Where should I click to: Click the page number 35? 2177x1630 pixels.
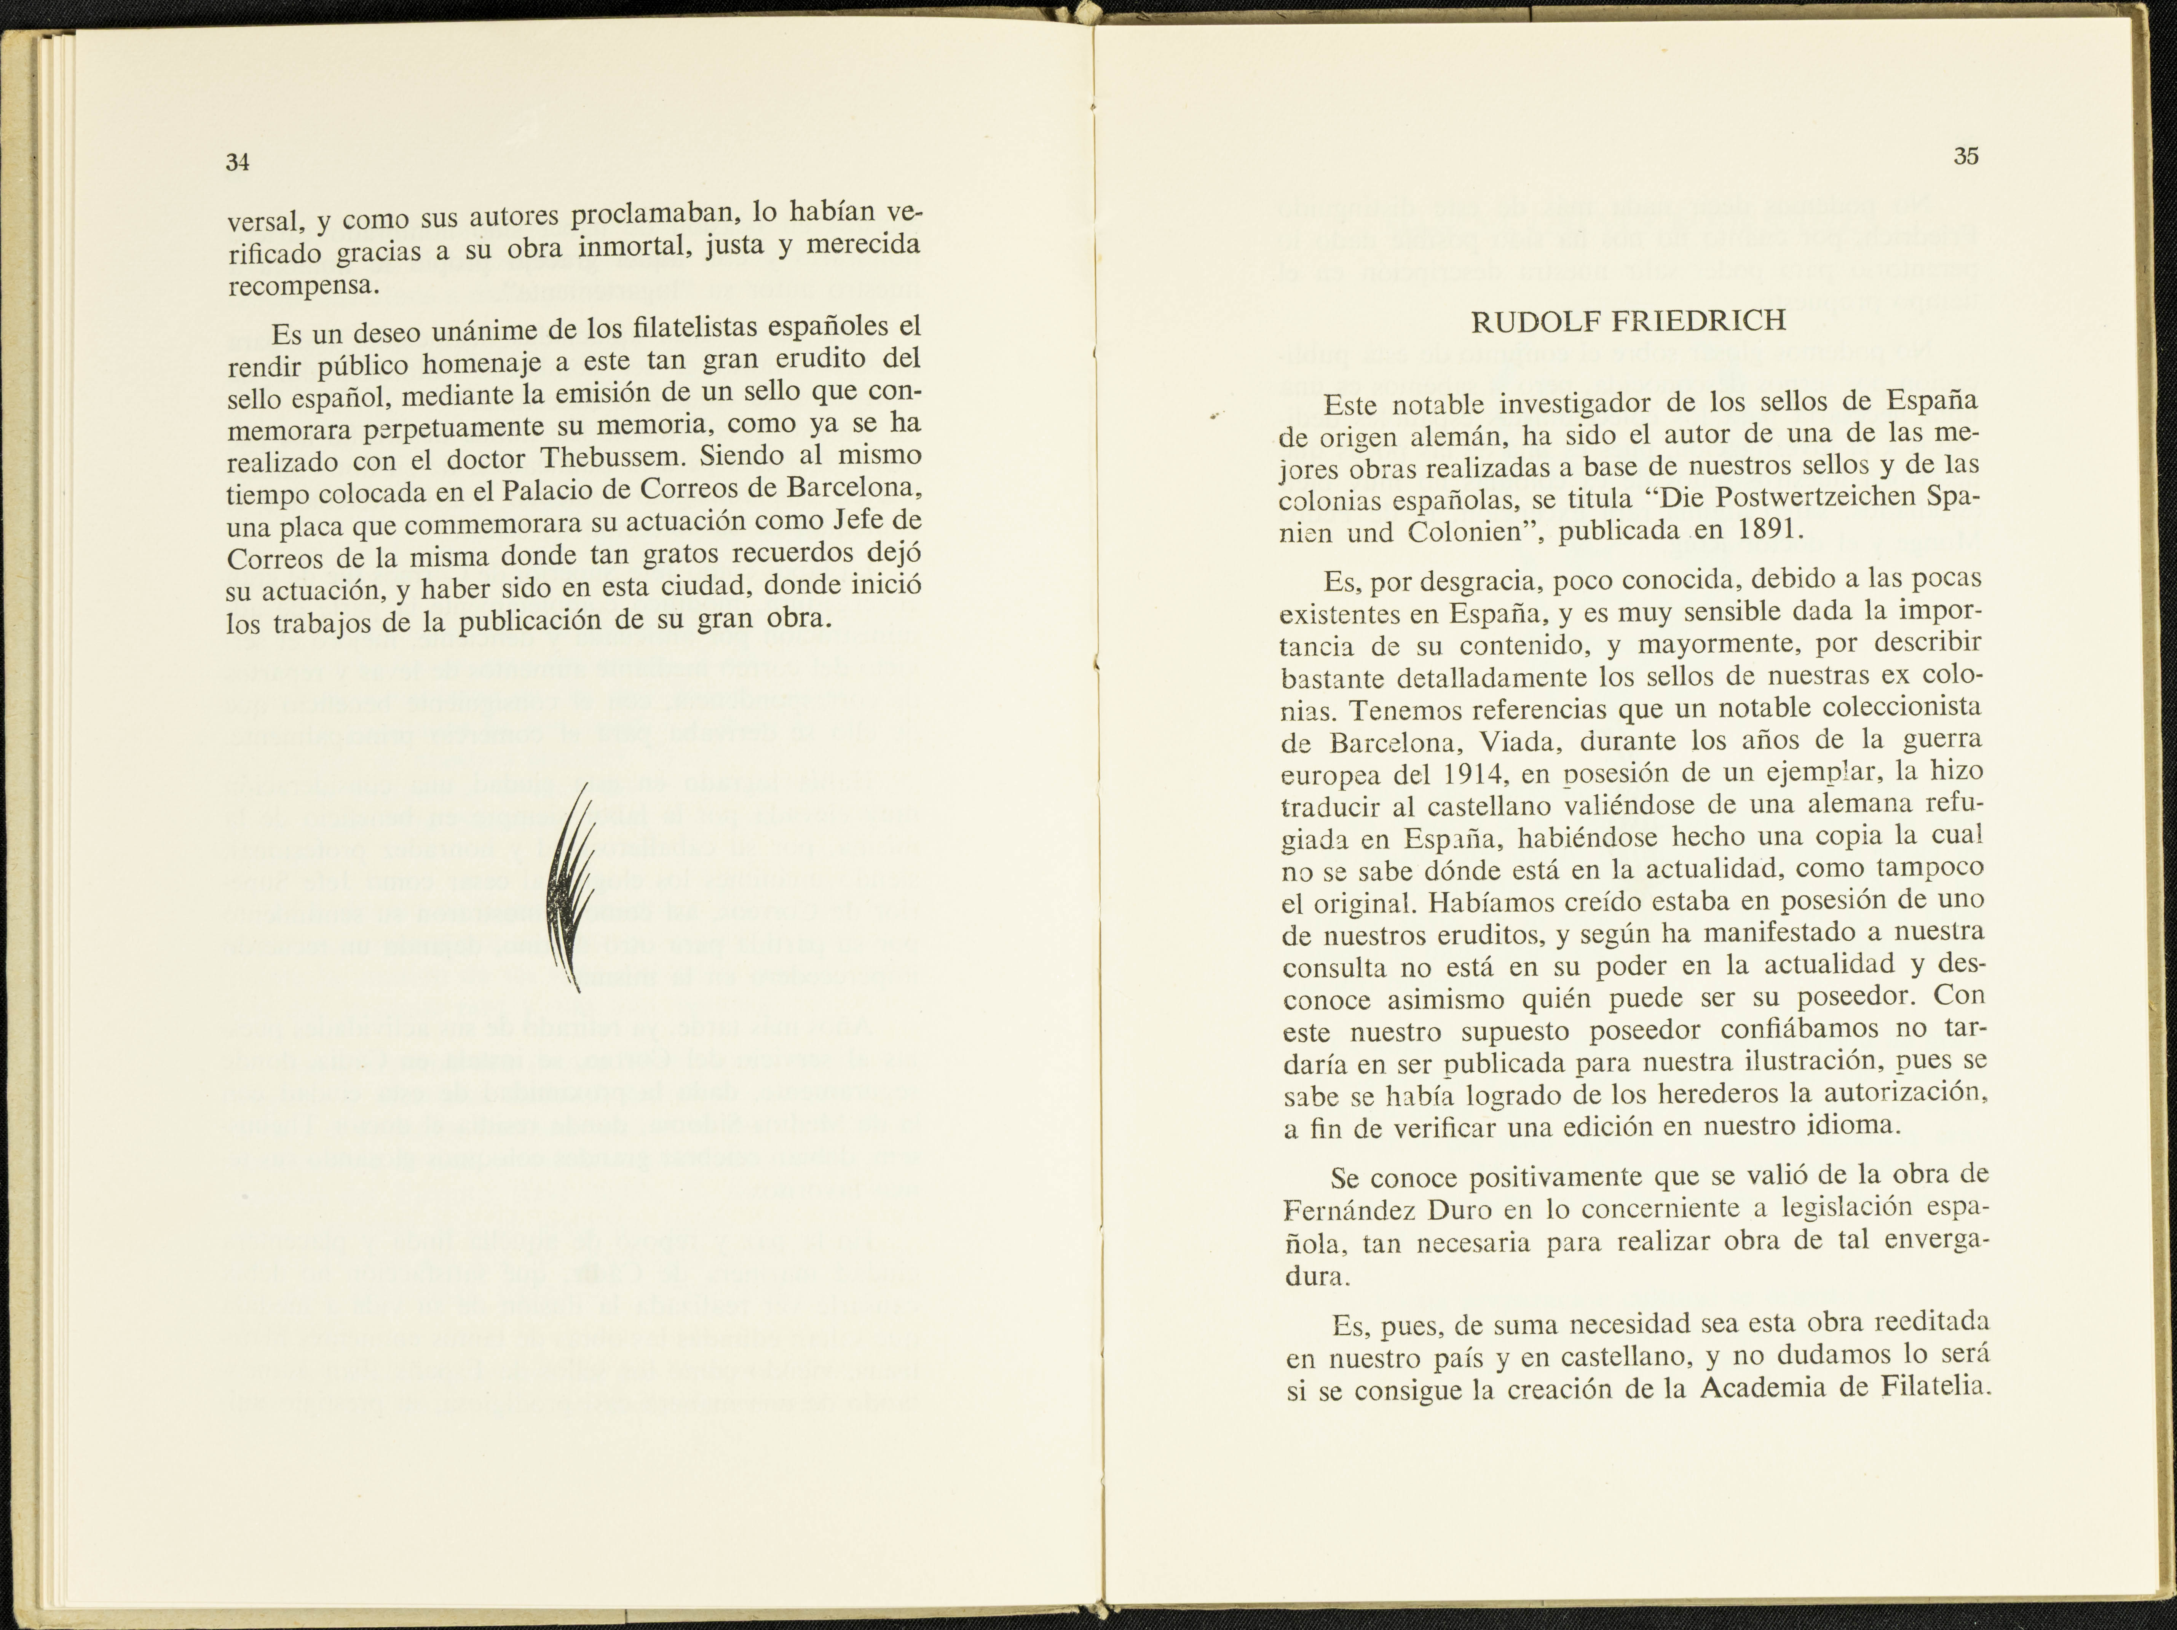tap(1965, 157)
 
